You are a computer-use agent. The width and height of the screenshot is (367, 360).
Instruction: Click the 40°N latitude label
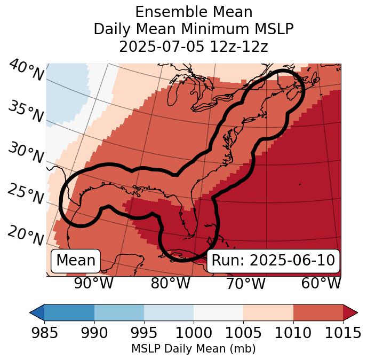pyautogui.click(x=26, y=71)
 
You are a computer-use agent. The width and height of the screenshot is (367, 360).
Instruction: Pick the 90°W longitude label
pyautogui.click(x=94, y=284)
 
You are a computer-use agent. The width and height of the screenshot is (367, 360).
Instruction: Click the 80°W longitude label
pyautogui.click(x=170, y=284)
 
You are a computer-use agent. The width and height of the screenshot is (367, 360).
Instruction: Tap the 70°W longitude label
pyautogui.click(x=245, y=284)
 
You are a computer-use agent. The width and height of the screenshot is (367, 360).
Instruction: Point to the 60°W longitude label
pyautogui.click(x=321, y=284)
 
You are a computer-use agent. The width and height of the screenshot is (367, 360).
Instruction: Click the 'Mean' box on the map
pyautogui.click(x=76, y=261)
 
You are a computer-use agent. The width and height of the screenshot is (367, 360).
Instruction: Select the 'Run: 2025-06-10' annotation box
pyautogui.click(x=273, y=261)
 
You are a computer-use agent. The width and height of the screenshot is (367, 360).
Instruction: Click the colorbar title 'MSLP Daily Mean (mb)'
pyautogui.click(x=193, y=349)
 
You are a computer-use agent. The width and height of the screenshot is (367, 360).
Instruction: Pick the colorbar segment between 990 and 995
pyautogui.click(x=119, y=312)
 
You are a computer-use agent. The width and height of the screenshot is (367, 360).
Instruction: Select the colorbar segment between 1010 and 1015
pyautogui.click(x=318, y=312)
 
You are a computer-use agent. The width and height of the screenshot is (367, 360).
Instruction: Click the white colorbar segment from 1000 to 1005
pyautogui.click(x=218, y=312)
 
